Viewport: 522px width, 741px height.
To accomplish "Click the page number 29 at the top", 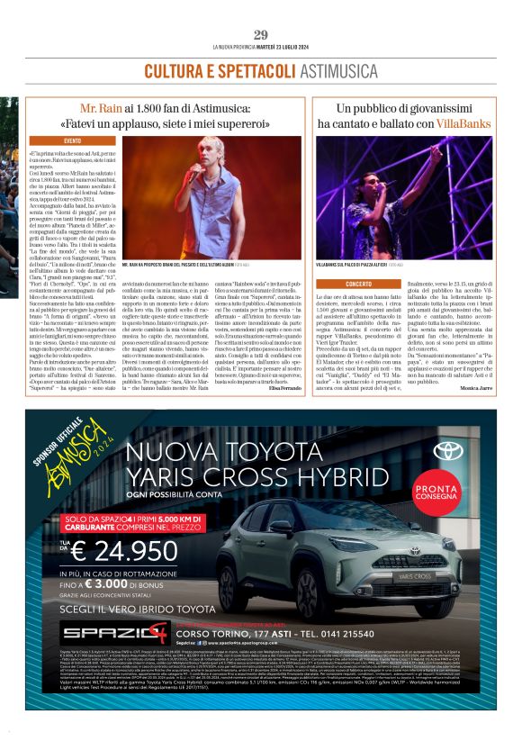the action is pyautogui.click(x=261, y=34).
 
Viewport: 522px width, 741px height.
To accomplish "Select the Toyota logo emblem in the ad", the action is pyautogui.click(x=446, y=451).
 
